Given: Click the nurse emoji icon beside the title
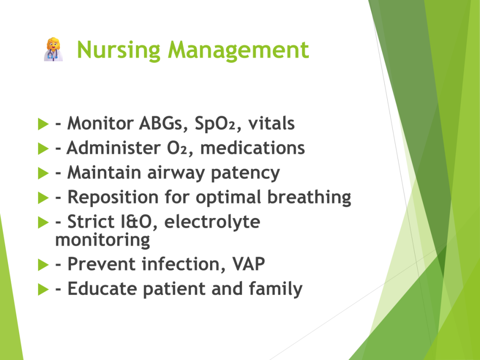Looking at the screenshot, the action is click(53, 50).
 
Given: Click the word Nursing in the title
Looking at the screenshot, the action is click(119, 50).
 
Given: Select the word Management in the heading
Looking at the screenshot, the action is click(239, 50).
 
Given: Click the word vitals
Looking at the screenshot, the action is click(271, 123).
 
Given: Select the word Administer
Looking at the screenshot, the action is click(113, 148).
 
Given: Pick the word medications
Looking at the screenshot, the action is click(253, 148).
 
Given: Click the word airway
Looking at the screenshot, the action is click(176, 173).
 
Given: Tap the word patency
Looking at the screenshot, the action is click(245, 173).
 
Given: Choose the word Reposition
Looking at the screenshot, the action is click(112, 197).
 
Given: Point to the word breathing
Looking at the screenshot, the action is click(309, 197).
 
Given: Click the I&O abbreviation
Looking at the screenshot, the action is click(136, 222).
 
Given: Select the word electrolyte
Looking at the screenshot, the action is click(212, 222).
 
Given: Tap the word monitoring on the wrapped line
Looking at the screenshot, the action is click(103, 240).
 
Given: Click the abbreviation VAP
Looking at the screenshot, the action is click(248, 264).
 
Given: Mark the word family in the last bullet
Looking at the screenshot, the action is click(276, 289).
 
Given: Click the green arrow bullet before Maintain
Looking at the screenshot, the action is click(43, 173).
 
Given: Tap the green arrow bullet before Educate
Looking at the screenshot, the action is click(43, 289).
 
